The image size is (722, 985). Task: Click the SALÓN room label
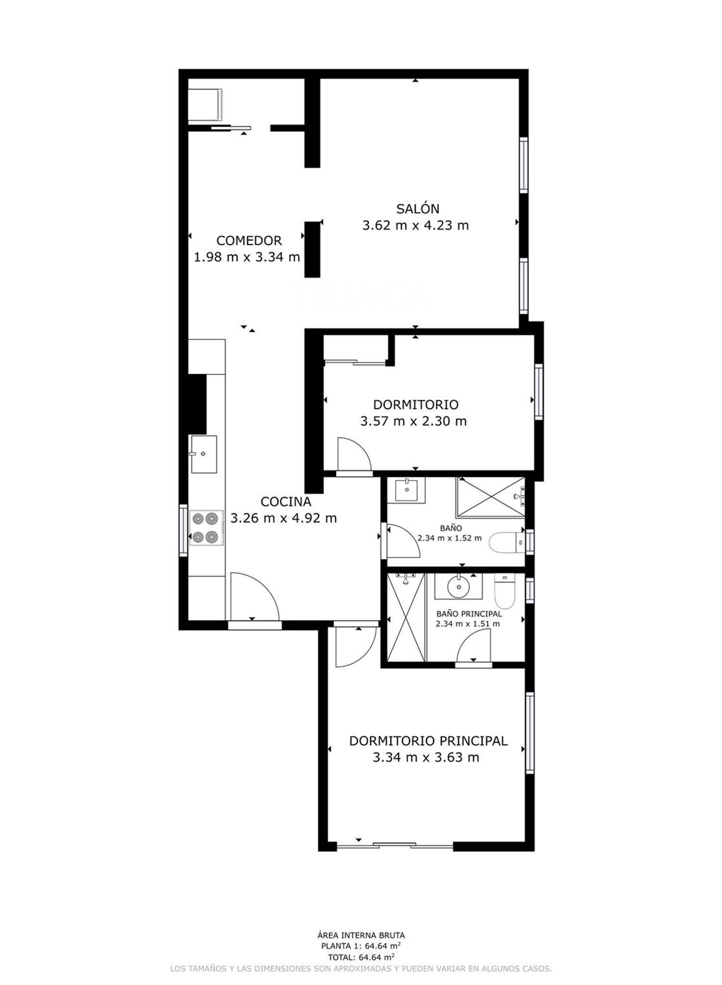tap(417, 209)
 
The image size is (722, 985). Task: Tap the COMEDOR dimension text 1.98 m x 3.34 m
tap(247, 257)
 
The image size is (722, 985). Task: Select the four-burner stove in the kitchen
tap(206, 528)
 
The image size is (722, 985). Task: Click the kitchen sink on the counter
tap(204, 454)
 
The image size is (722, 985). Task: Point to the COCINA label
tap(286, 502)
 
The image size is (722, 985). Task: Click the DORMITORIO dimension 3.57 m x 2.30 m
tap(413, 421)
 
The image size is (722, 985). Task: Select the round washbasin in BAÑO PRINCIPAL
tap(459, 586)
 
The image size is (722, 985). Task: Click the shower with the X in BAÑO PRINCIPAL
tap(407, 617)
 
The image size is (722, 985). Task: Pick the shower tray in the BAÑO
tap(490, 497)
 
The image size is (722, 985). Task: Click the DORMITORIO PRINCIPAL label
tap(428, 741)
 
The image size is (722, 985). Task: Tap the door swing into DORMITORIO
tap(354, 453)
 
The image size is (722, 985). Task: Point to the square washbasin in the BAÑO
tap(407, 490)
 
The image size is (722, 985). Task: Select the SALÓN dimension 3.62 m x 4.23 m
tap(415, 225)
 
